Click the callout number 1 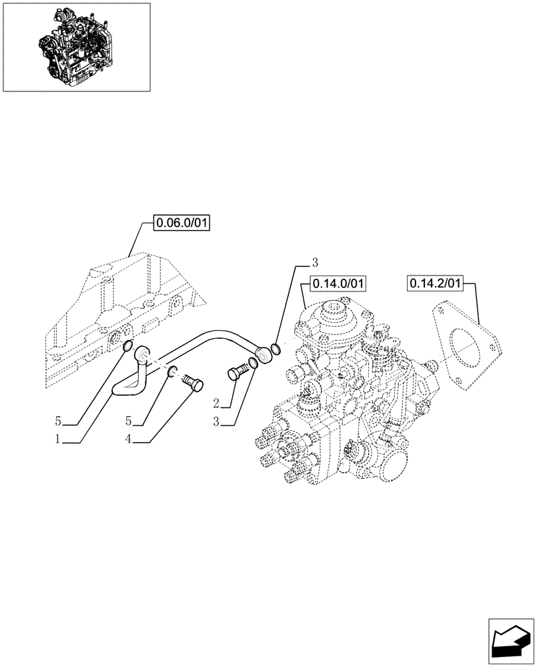coord(59,440)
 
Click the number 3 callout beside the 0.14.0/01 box coord(314,261)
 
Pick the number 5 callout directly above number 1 coord(59,421)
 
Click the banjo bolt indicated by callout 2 coord(237,372)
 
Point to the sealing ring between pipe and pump coord(276,348)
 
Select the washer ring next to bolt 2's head coord(253,364)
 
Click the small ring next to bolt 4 coord(171,372)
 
